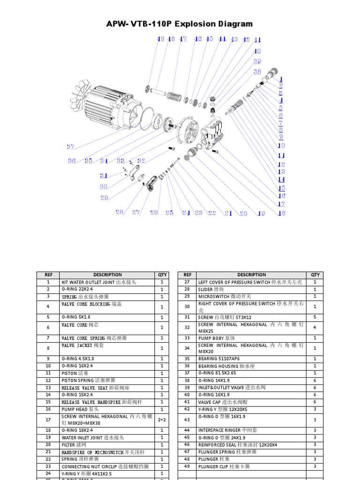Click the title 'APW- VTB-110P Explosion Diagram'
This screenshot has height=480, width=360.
click(x=180, y=24)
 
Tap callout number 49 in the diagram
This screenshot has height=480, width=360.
click(x=160, y=39)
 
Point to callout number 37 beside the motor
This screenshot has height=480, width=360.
click(x=70, y=147)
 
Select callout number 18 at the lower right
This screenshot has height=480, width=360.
click(x=281, y=213)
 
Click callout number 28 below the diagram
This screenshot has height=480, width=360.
click(x=120, y=212)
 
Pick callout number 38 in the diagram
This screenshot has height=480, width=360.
click(x=257, y=72)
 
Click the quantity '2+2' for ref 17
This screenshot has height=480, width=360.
click(x=162, y=420)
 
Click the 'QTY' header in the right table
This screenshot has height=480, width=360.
click(x=315, y=275)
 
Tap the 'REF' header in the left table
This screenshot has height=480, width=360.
click(x=48, y=275)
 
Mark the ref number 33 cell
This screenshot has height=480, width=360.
click(x=187, y=337)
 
